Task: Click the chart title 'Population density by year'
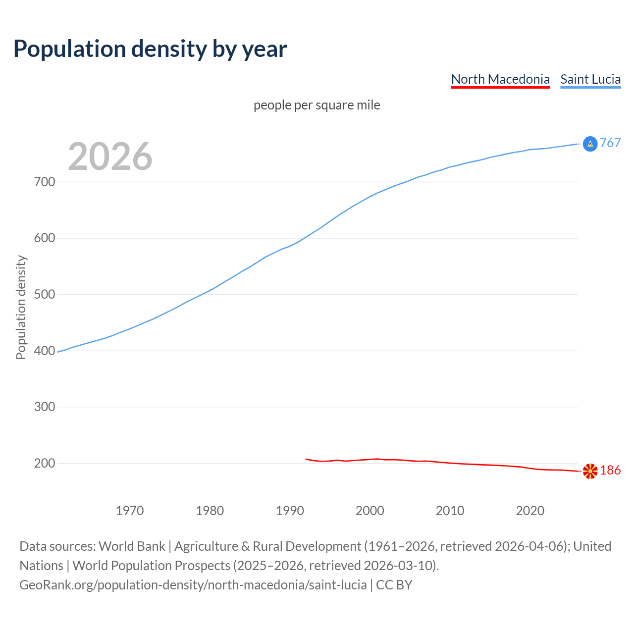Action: [150, 49]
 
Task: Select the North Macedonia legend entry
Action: [500, 79]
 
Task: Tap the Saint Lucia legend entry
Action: [590, 79]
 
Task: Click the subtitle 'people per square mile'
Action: [317, 105]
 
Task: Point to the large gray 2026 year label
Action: [110, 157]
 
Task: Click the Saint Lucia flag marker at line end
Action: [590, 144]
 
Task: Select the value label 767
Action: [610, 143]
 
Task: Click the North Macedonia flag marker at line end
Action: [590, 471]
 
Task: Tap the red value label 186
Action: [610, 471]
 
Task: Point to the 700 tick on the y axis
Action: [45, 182]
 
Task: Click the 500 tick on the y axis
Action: [45, 295]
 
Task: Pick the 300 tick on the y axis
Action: [45, 407]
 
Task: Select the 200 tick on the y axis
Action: [45, 464]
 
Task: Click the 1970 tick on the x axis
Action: [130, 511]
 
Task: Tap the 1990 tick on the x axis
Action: [290, 511]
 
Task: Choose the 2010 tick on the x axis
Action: [450, 511]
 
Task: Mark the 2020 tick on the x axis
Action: [530, 511]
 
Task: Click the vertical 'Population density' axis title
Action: [21, 307]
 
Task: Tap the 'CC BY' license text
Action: [394, 585]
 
